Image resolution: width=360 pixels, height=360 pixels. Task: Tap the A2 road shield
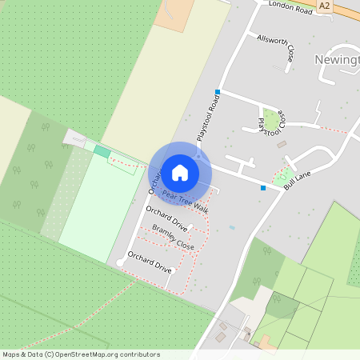(x=324, y=6)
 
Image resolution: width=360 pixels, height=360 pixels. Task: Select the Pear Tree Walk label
(x=185, y=201)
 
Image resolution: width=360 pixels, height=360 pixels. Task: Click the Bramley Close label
(x=174, y=236)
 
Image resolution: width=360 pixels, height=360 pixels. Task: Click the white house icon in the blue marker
(x=180, y=172)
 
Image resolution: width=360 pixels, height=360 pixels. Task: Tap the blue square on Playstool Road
(x=218, y=92)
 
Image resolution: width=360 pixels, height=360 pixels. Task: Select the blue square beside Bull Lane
(x=263, y=187)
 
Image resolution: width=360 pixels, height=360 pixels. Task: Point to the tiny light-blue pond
(x=232, y=227)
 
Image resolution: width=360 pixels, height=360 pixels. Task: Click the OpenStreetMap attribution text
(x=80, y=354)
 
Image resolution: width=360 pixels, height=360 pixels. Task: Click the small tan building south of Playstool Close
(x=282, y=144)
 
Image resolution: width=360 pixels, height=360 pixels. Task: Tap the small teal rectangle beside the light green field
(x=102, y=150)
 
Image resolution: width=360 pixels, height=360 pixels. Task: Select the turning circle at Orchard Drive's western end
(x=120, y=262)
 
